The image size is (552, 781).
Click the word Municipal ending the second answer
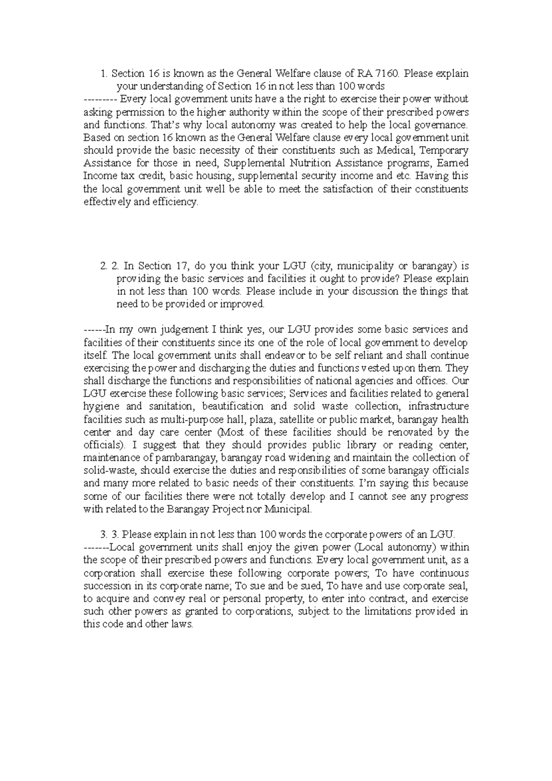coord(289,509)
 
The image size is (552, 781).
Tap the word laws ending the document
coord(182,625)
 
